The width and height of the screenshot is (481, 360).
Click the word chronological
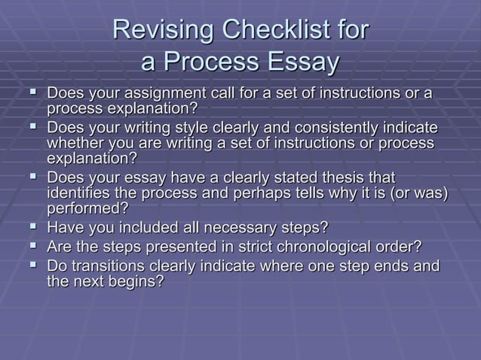(315, 247)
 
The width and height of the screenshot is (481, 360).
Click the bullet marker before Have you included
(33, 227)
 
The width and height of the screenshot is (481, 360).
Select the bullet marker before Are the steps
(33, 246)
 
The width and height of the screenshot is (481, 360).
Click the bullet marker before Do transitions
(33, 265)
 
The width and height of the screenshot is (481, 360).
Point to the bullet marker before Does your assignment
(33, 93)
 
